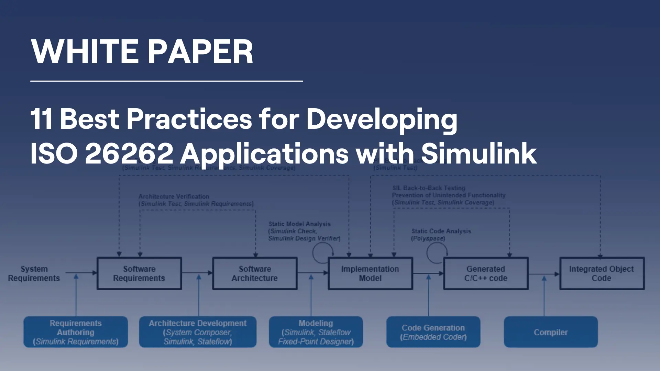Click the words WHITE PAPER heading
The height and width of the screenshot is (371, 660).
(x=142, y=52)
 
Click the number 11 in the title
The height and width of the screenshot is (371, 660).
(x=41, y=119)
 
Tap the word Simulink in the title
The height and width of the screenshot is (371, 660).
(x=478, y=153)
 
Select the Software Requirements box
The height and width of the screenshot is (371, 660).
(x=139, y=273)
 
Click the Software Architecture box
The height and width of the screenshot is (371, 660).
(x=255, y=273)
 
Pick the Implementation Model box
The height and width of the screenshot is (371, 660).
(x=370, y=273)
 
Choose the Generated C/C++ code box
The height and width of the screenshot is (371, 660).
(x=486, y=273)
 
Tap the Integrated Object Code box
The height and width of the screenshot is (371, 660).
(x=602, y=273)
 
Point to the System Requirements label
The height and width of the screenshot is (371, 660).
(x=34, y=273)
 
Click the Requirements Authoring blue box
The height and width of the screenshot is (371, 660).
(x=76, y=332)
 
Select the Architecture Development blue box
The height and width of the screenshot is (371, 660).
(x=198, y=332)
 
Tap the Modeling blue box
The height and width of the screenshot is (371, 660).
(x=316, y=332)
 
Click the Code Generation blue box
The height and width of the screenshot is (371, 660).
(x=433, y=332)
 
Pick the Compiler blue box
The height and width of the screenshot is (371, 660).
(x=551, y=332)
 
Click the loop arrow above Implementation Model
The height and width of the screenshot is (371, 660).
(x=322, y=253)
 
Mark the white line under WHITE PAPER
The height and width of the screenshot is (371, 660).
(x=166, y=81)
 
